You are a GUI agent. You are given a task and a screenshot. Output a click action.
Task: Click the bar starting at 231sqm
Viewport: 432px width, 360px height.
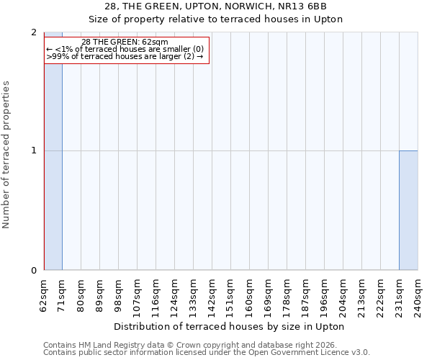click(408, 210)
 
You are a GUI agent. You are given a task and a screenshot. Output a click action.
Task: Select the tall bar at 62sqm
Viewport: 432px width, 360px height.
click(53, 151)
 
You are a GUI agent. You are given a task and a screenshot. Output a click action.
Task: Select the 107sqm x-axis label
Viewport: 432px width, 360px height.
click(138, 295)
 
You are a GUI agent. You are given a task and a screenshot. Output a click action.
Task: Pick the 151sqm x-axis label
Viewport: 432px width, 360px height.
click(231, 295)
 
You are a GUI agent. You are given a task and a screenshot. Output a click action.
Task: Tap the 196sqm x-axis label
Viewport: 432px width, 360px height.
click(324, 295)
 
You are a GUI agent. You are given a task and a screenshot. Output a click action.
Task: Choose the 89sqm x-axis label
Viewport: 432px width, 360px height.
click(100, 295)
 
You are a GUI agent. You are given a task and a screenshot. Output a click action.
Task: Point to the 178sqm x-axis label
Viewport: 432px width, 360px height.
click(287, 295)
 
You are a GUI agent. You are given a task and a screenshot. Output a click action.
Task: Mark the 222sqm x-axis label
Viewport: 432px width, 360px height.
click(380, 295)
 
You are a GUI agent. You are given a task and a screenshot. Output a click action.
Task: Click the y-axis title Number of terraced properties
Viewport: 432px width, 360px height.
click(7, 155)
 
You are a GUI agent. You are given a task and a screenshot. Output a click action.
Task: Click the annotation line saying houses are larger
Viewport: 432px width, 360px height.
click(125, 56)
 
